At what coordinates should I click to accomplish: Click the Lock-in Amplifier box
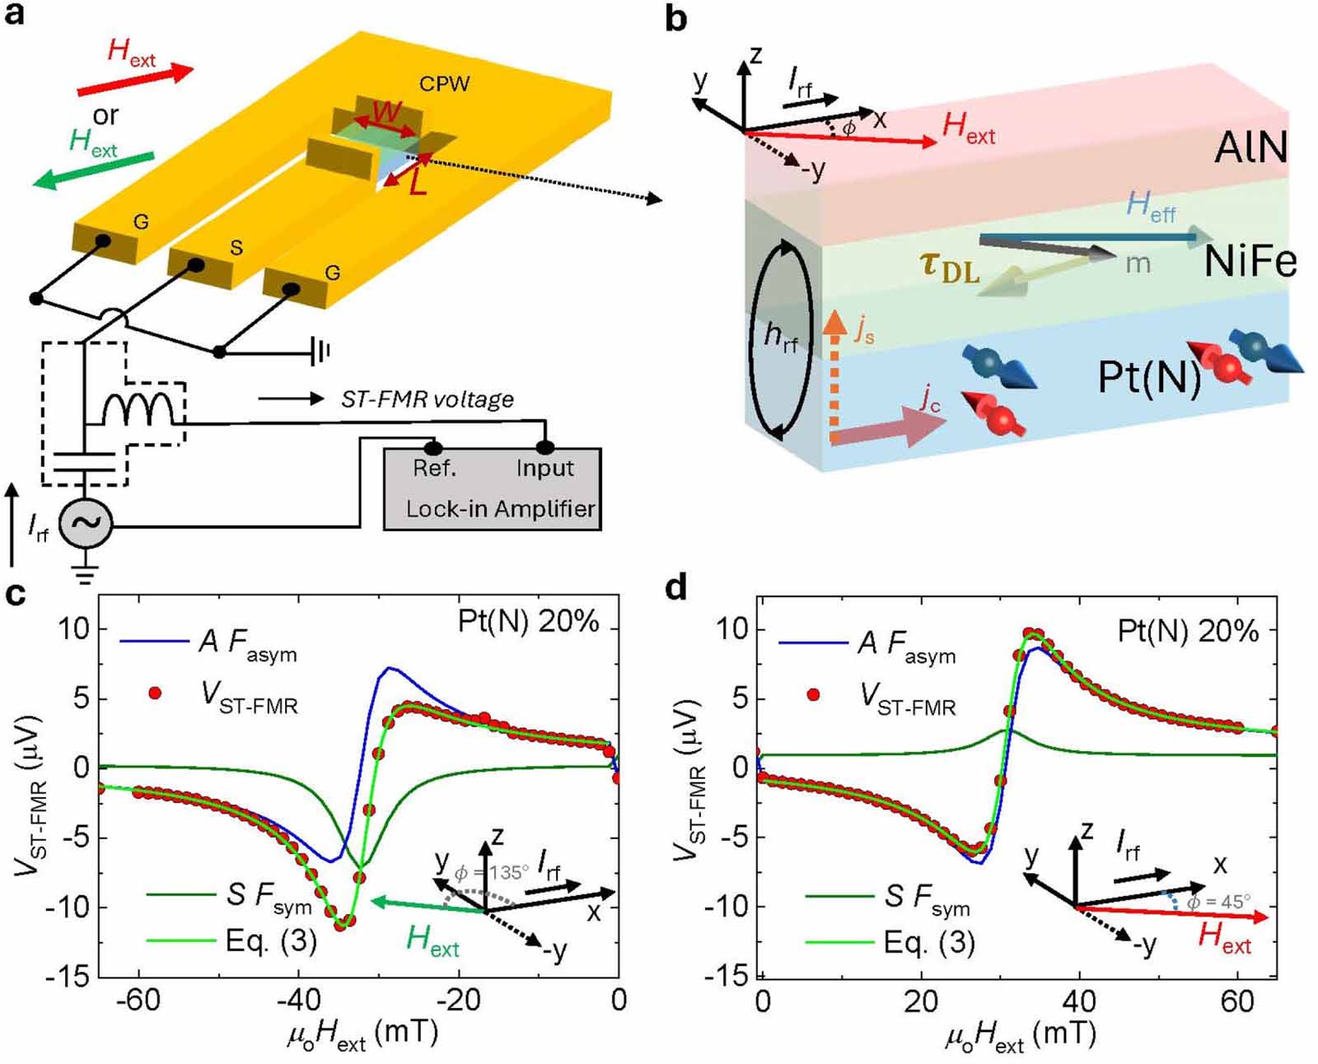click(x=493, y=489)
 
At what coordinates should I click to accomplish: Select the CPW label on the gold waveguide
click(x=444, y=84)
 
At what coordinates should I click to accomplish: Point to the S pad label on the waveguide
click(x=236, y=248)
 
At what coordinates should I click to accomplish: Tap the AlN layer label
click(x=1250, y=148)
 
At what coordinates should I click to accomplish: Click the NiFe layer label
click(x=1250, y=261)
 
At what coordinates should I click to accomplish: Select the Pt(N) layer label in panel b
click(x=1148, y=377)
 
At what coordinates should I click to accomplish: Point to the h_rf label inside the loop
click(x=780, y=336)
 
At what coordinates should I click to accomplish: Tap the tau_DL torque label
click(x=949, y=267)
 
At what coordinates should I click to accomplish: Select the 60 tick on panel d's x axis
click(x=1236, y=1000)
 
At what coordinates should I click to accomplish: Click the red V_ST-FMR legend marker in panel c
click(x=154, y=693)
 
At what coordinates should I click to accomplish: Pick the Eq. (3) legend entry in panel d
click(x=929, y=941)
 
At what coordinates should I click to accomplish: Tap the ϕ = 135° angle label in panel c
click(x=491, y=872)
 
